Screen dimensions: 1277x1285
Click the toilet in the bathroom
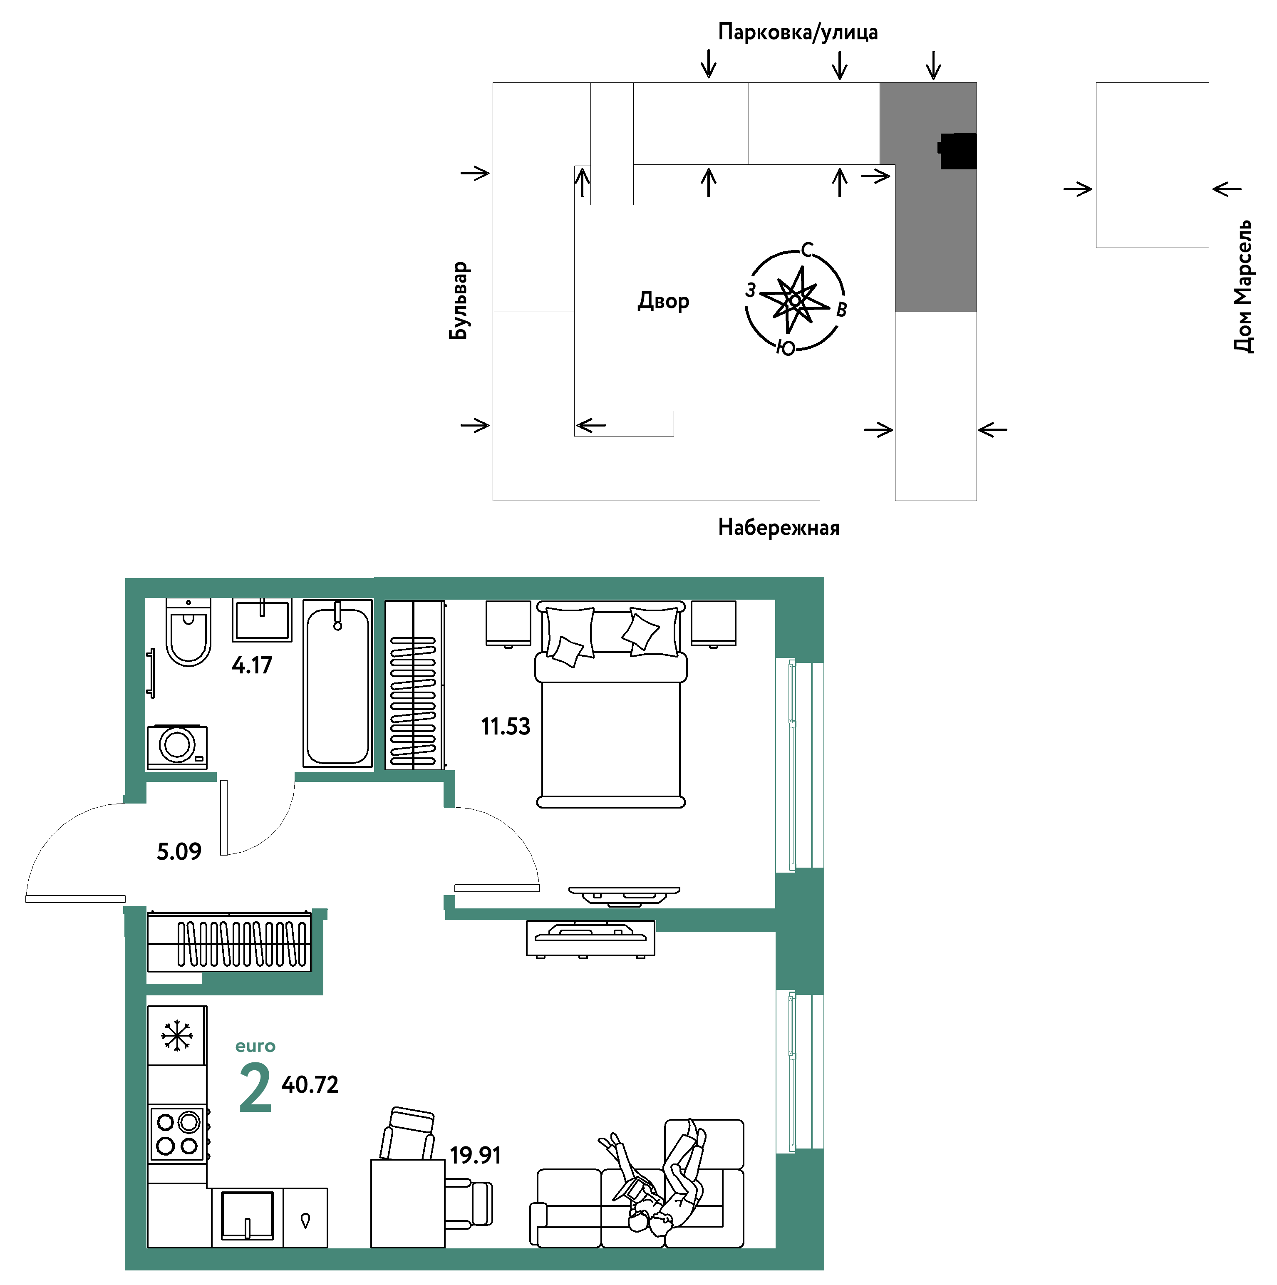pyautogui.click(x=188, y=631)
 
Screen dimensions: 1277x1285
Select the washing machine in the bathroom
pyautogui.click(x=177, y=747)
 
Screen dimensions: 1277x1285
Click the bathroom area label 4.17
pyautogui.click(x=252, y=665)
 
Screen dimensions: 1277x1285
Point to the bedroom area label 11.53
pyautogui.click(x=506, y=726)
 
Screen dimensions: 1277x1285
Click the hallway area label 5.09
pyautogui.click(x=179, y=851)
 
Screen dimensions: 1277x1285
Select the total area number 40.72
pyautogui.click(x=310, y=1085)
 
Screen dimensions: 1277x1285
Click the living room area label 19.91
pyautogui.click(x=475, y=1155)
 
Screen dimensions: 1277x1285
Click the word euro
pyautogui.click(x=255, y=1046)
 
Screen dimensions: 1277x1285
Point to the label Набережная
pyautogui.click(x=779, y=527)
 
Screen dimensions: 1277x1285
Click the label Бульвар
pyautogui.click(x=459, y=300)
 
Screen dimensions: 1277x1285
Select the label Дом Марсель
pyautogui.click(x=1242, y=286)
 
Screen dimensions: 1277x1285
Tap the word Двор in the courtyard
pyautogui.click(x=664, y=301)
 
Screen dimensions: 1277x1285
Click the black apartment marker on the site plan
pyautogui.click(x=957, y=151)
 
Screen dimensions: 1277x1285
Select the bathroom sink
pyautogui.click(x=262, y=620)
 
